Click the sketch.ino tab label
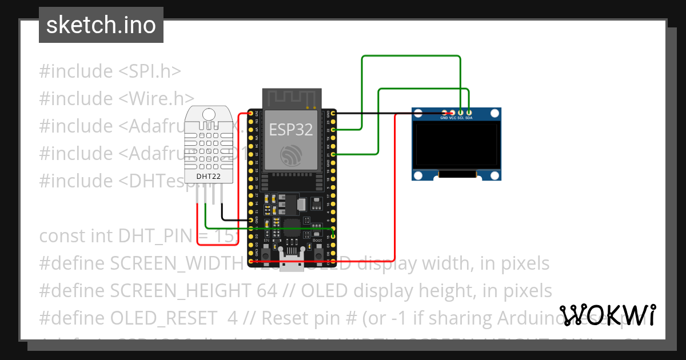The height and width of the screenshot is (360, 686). pyautogui.click(x=101, y=25)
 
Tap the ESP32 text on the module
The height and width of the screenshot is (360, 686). pyautogui.click(x=291, y=130)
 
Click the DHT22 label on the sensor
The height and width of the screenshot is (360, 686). pyautogui.click(x=208, y=176)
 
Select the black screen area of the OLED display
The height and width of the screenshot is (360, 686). pyautogui.click(x=456, y=145)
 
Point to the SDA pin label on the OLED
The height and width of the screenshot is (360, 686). pyautogui.click(x=469, y=118)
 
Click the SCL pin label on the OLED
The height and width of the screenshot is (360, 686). pyautogui.click(x=460, y=118)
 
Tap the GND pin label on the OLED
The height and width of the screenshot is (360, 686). pyautogui.click(x=444, y=118)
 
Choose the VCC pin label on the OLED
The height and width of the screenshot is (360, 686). pyautogui.click(x=452, y=118)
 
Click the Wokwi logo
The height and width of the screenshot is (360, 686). pyautogui.click(x=608, y=315)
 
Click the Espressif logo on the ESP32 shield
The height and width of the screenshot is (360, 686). pyautogui.click(x=291, y=155)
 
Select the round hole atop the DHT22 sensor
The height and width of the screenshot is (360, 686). pyautogui.click(x=208, y=114)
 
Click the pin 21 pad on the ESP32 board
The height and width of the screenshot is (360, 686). pyautogui.click(x=333, y=154)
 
